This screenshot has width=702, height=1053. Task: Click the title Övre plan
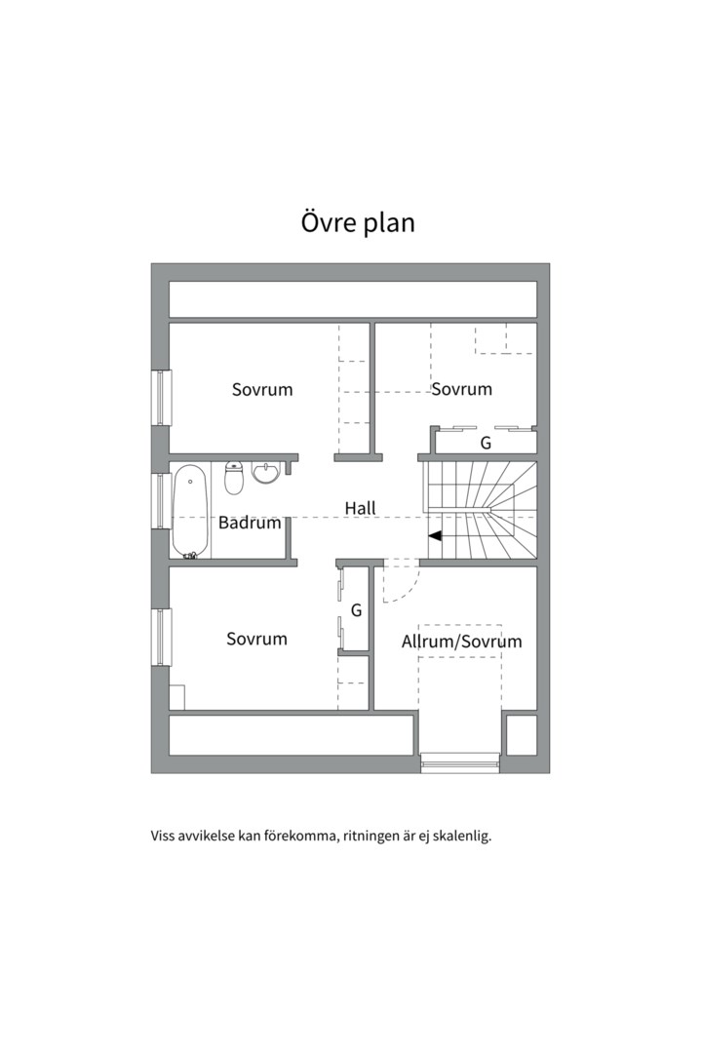(358, 223)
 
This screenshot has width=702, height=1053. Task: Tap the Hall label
(360, 508)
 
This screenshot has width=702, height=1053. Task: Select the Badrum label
(250, 523)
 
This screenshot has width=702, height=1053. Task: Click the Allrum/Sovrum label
(461, 642)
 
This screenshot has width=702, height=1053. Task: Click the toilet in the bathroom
(233, 478)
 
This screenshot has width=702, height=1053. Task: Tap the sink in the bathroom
(265, 473)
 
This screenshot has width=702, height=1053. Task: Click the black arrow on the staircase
(435, 536)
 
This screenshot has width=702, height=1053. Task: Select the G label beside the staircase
(485, 444)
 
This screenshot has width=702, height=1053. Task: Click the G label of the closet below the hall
(356, 610)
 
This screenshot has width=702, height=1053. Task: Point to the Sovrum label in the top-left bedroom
(262, 389)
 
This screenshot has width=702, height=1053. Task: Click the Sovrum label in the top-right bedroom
(461, 389)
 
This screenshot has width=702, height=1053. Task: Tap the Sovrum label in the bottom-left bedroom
(256, 639)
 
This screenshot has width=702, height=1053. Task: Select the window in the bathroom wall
(161, 500)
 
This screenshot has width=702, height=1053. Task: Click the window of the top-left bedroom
(161, 398)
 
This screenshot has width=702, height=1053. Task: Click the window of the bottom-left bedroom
(161, 637)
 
